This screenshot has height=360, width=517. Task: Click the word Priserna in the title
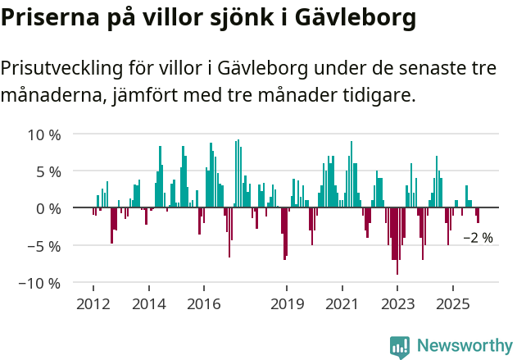point(48,18)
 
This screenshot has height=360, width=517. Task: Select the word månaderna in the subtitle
point(50,96)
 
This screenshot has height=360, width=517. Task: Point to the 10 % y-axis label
point(44,134)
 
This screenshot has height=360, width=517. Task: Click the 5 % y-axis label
point(48,171)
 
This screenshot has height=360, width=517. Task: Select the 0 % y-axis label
point(48,208)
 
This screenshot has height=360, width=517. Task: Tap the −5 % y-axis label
point(44,245)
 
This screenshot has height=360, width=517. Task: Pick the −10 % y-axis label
point(41,283)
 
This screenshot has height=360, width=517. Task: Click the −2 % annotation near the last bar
point(478,238)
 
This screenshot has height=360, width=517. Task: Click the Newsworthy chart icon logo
point(400,346)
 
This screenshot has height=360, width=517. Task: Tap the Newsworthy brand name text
point(465,346)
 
